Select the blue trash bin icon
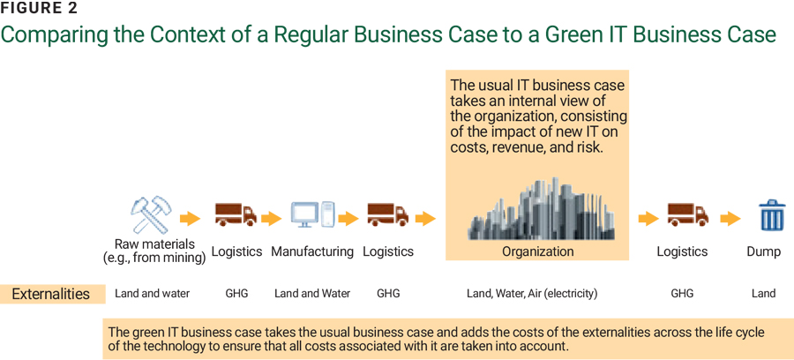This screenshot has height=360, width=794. pyautogui.click(x=772, y=215)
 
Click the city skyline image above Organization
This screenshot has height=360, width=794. pyautogui.click(x=538, y=211)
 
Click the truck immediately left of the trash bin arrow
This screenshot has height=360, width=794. pyautogui.click(x=687, y=215)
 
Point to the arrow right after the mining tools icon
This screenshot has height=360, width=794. pyautogui.click(x=190, y=218)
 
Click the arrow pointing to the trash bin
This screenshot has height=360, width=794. pyautogui.click(x=730, y=218)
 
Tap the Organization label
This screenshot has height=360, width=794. pyautogui.click(x=538, y=251)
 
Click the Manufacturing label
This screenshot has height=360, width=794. pyautogui.click(x=312, y=251)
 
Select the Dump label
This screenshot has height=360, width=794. pyautogui.click(x=763, y=251)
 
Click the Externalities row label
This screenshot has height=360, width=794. pyautogui.click(x=50, y=294)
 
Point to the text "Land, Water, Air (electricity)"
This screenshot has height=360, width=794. pyautogui.click(x=532, y=294)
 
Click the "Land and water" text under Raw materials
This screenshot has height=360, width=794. pyautogui.click(x=153, y=294)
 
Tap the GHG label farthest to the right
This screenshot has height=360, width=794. pyautogui.click(x=683, y=294)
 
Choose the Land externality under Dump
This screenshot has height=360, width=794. pyautogui.click(x=763, y=294)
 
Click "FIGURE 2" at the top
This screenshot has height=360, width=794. pyautogui.click(x=39, y=9)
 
